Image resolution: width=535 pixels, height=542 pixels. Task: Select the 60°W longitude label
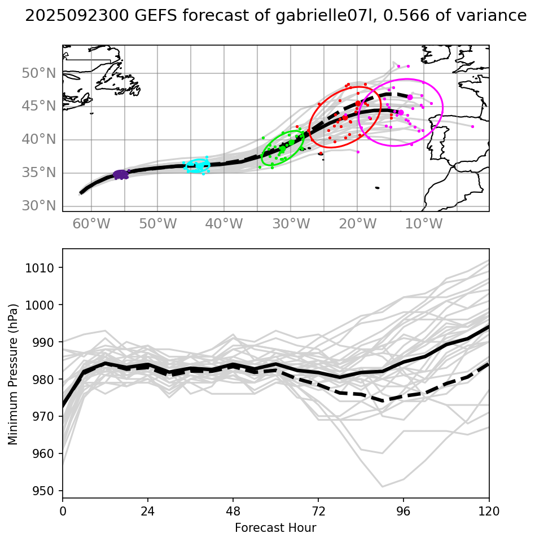[91, 224]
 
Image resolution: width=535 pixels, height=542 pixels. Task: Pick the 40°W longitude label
[224, 224]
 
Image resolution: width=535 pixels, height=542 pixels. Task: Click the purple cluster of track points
[121, 175]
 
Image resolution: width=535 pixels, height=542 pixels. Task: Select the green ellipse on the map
[283, 146]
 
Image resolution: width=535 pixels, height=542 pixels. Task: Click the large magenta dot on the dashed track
[410, 98]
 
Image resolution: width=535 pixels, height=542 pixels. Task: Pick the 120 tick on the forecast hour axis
[489, 512]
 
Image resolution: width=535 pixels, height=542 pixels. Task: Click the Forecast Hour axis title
[275, 528]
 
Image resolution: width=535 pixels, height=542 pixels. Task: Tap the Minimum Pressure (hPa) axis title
[13, 374]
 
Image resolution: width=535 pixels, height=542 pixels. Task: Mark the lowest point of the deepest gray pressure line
[382, 486]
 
